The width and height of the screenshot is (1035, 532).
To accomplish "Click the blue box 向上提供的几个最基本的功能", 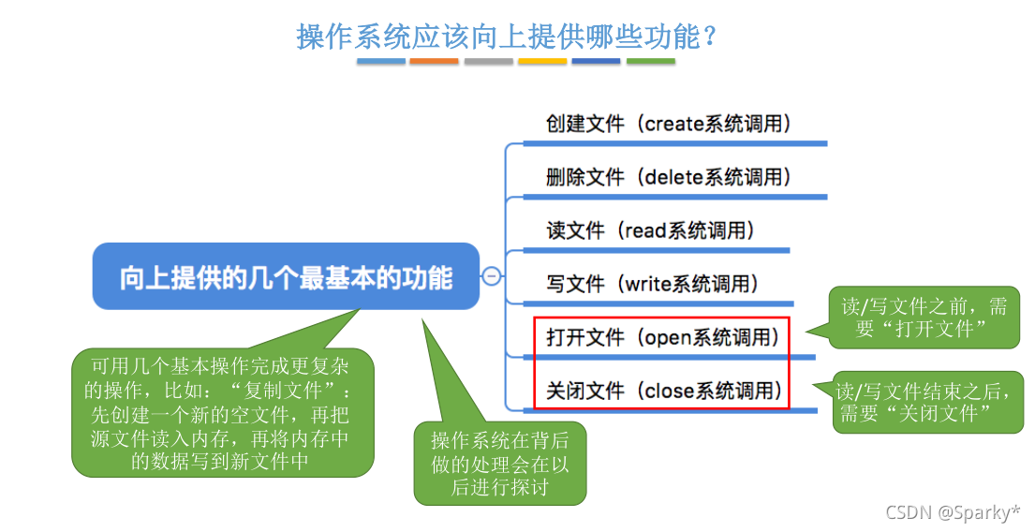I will tap(286, 277).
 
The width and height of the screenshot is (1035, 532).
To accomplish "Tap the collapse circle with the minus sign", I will tap(491, 276).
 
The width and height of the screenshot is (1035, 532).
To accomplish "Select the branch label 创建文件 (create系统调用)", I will tap(669, 124).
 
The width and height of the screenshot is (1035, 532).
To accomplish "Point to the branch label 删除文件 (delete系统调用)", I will tap(669, 177).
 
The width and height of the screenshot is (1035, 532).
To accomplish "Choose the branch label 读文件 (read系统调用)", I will tap(651, 230).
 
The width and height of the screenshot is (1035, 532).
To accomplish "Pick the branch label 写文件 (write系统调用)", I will tap(653, 284).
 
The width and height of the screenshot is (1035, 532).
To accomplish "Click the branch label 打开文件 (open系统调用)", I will tap(663, 337).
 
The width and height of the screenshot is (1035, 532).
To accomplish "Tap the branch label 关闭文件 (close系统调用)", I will tap(663, 391).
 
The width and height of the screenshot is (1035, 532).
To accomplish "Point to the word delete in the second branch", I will tap(674, 177).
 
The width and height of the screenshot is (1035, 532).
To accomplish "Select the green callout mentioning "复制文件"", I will tap(222, 412).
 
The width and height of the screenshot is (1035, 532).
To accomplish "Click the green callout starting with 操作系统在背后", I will tap(499, 464).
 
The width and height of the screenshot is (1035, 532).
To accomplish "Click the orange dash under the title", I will tap(434, 61).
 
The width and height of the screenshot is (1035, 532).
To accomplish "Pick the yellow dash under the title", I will tap(542, 61).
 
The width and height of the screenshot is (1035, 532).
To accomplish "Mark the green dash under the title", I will tap(650, 61).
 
